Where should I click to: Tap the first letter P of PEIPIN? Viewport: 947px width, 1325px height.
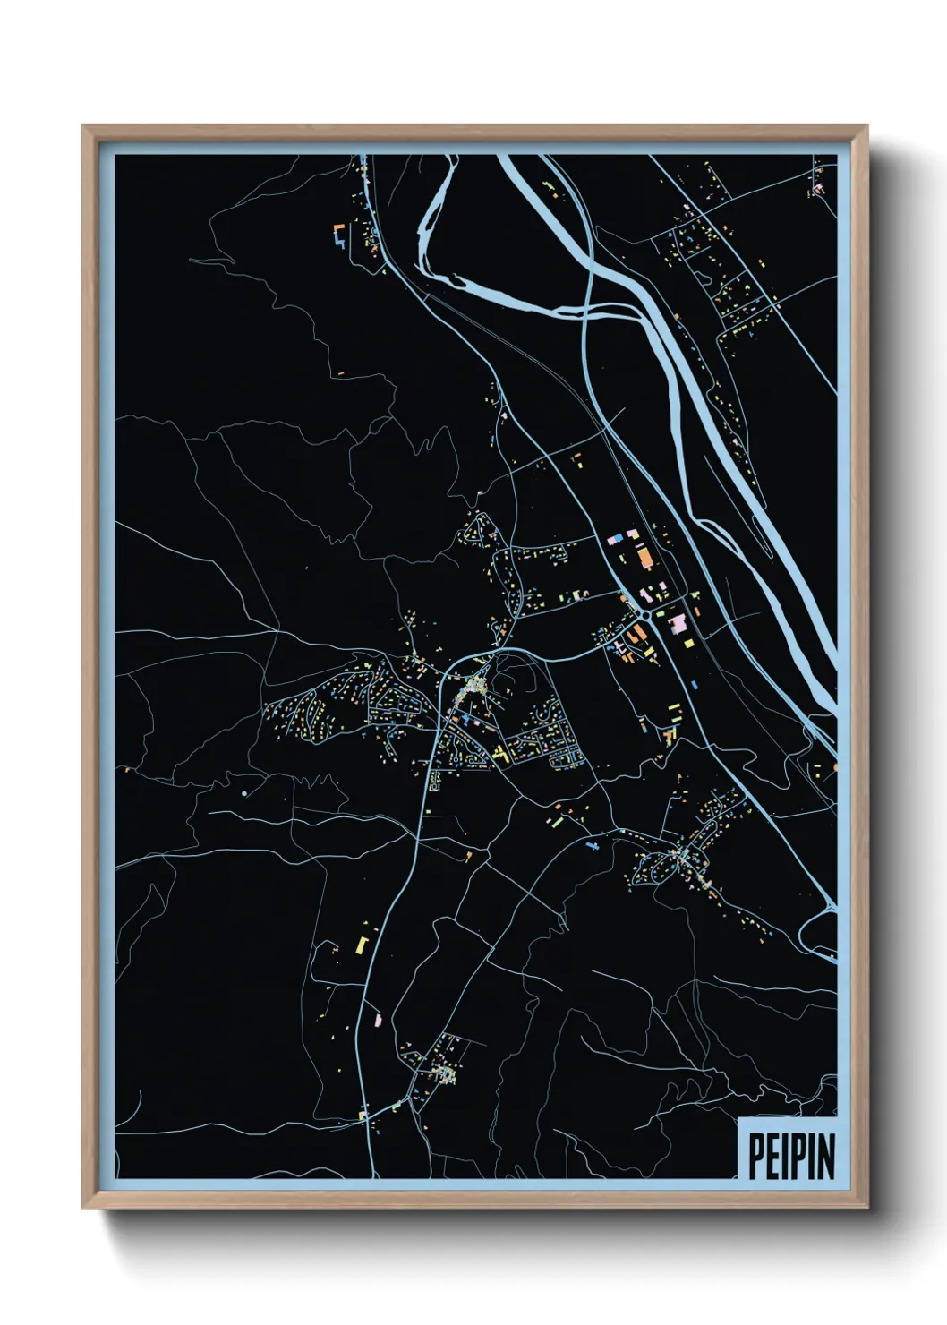[755, 1156]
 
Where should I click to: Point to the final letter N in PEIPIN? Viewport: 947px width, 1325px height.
[826, 1156]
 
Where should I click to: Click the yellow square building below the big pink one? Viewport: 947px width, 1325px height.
[688, 642]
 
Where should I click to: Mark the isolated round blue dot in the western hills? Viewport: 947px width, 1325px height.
[243, 793]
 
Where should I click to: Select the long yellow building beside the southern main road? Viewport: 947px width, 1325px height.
[363, 944]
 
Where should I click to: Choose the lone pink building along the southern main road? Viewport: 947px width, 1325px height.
[377, 1019]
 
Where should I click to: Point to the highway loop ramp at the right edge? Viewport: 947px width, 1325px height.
[819, 936]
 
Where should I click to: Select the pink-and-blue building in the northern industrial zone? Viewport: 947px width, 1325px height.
[615, 540]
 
